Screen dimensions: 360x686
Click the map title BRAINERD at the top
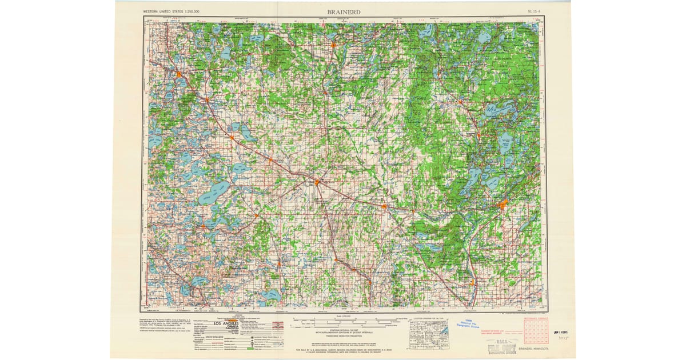click(x=343, y=11)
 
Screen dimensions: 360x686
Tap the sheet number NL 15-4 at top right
click(x=534, y=11)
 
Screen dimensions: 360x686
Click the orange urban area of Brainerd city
click(x=503, y=205)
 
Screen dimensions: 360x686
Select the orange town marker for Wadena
click(x=317, y=182)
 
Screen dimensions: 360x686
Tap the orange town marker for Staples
click(x=384, y=206)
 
